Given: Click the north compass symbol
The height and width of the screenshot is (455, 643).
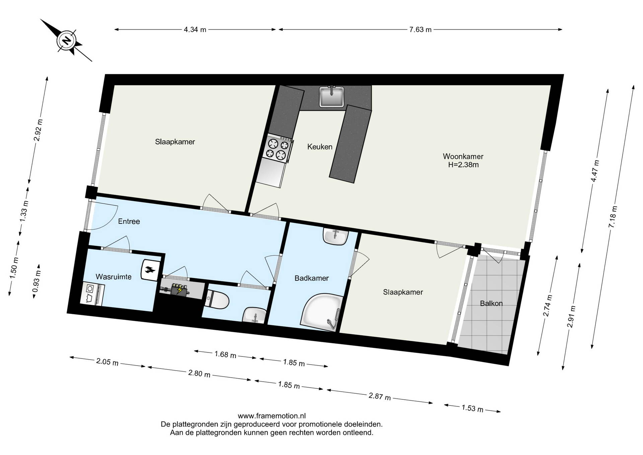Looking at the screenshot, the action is click(67, 41).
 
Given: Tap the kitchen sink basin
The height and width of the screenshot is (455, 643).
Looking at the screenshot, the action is click(332, 96).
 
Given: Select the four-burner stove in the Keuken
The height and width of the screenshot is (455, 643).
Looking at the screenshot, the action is click(278, 149).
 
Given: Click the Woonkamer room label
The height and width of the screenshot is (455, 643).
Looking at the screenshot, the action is click(463, 156).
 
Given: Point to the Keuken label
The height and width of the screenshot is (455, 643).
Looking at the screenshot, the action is click(320, 147).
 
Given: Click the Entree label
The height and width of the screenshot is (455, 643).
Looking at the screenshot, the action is click(129, 221).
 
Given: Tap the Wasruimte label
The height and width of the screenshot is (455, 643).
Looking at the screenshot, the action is click(114, 277).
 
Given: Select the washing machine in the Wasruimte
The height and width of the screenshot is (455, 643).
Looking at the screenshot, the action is click(92, 294).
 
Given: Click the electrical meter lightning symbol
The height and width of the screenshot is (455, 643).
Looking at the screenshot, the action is click(180, 289).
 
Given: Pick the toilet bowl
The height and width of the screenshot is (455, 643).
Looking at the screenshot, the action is click(217, 300).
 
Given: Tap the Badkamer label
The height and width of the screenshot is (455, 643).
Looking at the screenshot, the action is click(311, 278).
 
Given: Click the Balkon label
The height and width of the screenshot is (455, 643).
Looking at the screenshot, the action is click(491, 304).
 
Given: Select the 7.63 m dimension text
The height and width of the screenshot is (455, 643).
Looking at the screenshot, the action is click(420, 29).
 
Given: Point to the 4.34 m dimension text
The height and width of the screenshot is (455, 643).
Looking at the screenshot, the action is click(195, 29).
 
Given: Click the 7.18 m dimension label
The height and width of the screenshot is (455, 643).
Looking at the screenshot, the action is click(613, 217).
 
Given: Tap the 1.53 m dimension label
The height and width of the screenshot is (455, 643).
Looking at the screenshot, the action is click(472, 408).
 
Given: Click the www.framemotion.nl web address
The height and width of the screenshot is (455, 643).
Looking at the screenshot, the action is click(272, 416).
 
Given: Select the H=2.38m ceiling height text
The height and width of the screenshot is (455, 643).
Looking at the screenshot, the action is click(463, 165).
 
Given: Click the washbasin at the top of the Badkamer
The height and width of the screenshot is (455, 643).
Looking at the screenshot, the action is click(336, 237).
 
